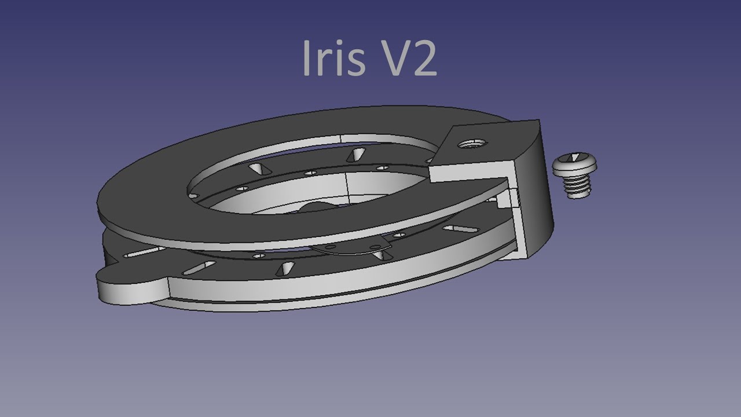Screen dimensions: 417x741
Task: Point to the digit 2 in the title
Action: pos(425,60)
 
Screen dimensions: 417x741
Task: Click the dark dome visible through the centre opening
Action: pos(316,208)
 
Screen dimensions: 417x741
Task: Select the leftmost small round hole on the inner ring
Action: pos(193,196)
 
